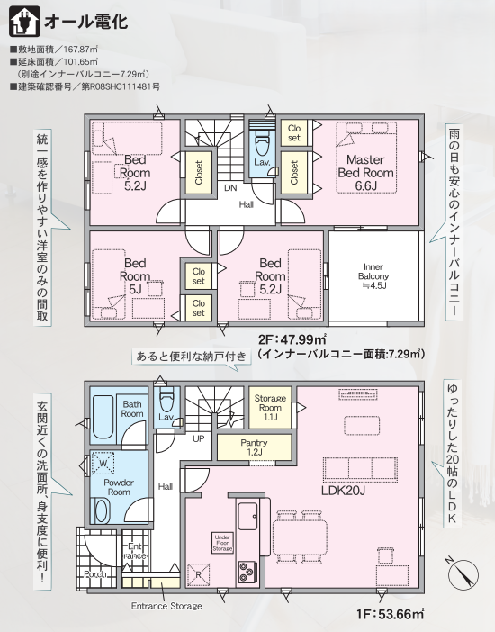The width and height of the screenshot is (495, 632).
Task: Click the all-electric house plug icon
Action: (x=24, y=21)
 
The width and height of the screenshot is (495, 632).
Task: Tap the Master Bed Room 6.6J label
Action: (x=365, y=173)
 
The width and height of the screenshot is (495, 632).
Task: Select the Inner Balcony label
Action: (x=373, y=276)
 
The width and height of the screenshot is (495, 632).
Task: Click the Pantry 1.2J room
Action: (x=254, y=447)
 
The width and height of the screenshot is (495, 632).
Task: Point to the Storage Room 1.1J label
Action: (x=270, y=408)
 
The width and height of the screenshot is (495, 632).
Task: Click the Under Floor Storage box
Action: (x=222, y=543)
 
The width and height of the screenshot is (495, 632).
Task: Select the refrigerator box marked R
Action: (x=198, y=575)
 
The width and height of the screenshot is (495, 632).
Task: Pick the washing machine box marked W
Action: (x=103, y=464)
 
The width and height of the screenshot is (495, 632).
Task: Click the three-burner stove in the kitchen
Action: (x=247, y=572)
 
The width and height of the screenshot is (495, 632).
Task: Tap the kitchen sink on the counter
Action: (x=247, y=516)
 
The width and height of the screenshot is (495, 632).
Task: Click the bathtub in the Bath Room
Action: (x=103, y=417)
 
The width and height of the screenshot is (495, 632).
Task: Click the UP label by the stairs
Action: (x=198, y=438)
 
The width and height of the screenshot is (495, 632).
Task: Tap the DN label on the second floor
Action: (x=230, y=188)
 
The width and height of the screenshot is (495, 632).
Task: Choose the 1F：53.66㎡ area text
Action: (x=390, y=614)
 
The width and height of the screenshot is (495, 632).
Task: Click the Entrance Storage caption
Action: (x=166, y=606)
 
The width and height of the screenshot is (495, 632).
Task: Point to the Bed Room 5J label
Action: (x=135, y=276)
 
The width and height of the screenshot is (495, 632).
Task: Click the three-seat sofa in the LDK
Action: (x=360, y=469)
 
